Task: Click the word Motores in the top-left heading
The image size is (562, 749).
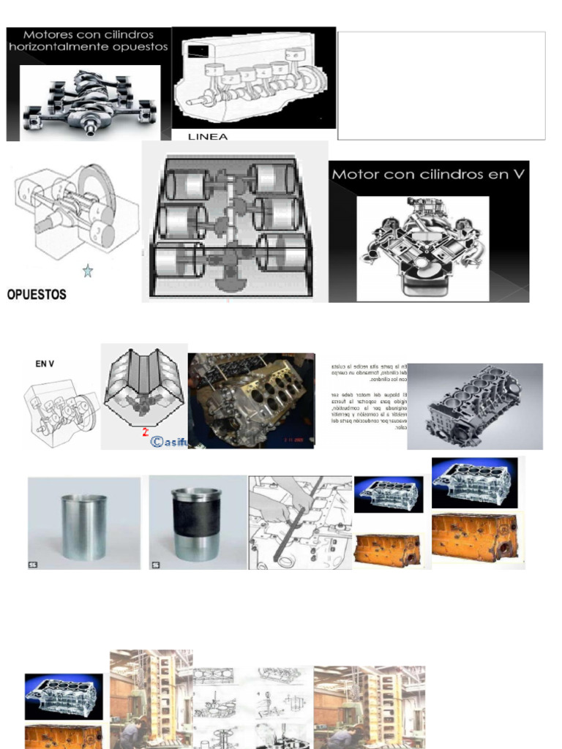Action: pos(50,34)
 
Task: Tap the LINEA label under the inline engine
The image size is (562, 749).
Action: pos(208,136)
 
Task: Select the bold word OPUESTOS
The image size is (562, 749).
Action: pos(37,295)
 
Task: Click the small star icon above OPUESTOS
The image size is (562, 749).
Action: pos(88,271)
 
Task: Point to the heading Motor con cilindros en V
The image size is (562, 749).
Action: pos(429,175)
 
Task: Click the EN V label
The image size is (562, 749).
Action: pos(46,363)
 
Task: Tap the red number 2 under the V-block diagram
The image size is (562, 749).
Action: pos(146,432)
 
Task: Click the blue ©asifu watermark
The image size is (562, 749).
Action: pos(168,442)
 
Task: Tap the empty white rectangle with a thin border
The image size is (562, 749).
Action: pos(441,85)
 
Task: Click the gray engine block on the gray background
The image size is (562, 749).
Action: pos(474,406)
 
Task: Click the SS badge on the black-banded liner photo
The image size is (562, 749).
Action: pos(155,565)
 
